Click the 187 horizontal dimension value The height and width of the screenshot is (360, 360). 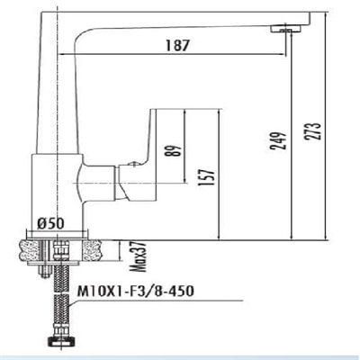[181, 47]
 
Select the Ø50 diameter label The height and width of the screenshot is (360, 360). [54, 223]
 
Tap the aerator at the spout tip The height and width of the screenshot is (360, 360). [287, 30]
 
